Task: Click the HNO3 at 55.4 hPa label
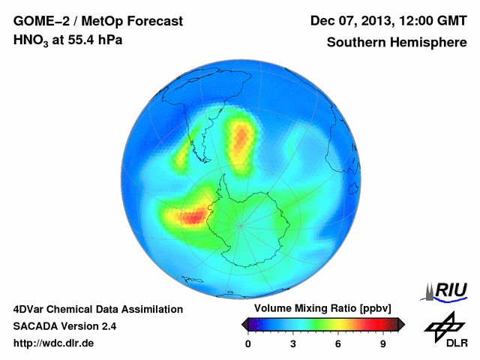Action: pyautogui.click(x=68, y=41)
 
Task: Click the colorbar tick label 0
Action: pyautogui.click(x=248, y=343)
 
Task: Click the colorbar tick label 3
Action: pyautogui.click(x=293, y=343)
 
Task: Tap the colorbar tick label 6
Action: pyautogui.click(x=338, y=343)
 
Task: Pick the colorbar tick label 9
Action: pyautogui.click(x=382, y=343)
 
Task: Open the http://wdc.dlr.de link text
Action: pyautogui.click(x=54, y=343)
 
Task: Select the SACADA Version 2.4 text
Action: pyautogui.click(x=65, y=326)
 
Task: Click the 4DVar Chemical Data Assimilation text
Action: pyautogui.click(x=98, y=309)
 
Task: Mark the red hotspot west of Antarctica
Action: pyautogui.click(x=192, y=217)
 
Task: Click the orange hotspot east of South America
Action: pyautogui.click(x=241, y=136)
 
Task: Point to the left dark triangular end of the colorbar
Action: pyautogui.click(x=245, y=324)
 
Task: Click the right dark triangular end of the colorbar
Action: pyautogui.click(x=401, y=324)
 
